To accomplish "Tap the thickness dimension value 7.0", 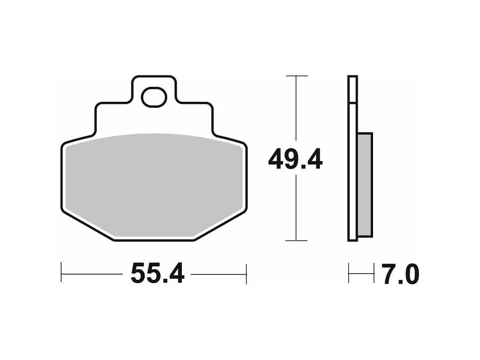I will pyautogui.click(x=400, y=274).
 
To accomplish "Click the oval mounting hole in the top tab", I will pyautogui.click(x=154, y=97).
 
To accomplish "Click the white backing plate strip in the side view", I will pyautogui.click(x=353, y=168).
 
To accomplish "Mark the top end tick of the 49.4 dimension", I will pyautogui.click(x=297, y=76).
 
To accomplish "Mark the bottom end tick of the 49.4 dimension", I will pyautogui.click(x=297, y=241).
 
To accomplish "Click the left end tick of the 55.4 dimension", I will pyautogui.click(x=61, y=274).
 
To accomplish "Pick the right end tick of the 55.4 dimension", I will pyautogui.click(x=246, y=274).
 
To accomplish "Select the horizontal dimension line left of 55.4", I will pyautogui.click(x=93, y=274).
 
